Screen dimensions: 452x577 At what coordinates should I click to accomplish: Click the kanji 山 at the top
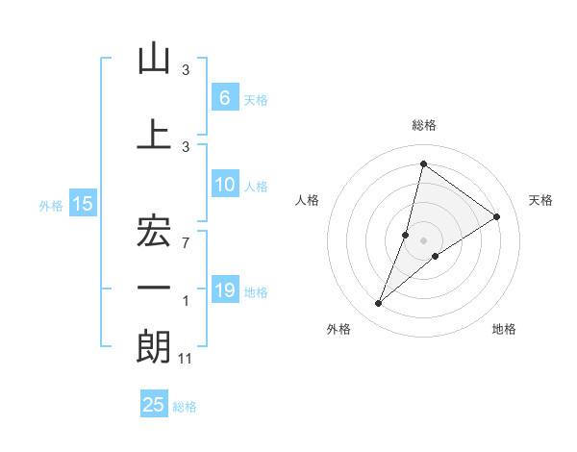[154, 60]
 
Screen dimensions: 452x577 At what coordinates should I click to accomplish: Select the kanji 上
[154, 135]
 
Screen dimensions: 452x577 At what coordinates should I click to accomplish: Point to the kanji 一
[154, 289]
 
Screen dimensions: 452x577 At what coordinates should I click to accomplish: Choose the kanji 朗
[154, 347]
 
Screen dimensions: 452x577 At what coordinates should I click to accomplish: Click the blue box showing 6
[224, 97]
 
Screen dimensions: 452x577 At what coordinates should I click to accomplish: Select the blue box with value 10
[224, 185]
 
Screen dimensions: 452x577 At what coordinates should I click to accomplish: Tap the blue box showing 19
[224, 289]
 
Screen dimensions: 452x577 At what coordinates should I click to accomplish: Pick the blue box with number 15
[82, 203]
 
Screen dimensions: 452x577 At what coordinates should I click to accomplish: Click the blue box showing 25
[154, 405]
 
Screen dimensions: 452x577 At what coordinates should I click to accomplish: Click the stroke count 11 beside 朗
[187, 359]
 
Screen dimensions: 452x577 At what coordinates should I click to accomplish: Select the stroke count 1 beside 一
[186, 301]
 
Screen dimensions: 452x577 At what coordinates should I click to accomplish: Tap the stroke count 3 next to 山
[186, 70]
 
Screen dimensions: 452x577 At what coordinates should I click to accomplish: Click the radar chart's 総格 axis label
[424, 125]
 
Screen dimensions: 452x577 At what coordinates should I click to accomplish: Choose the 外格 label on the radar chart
[339, 329]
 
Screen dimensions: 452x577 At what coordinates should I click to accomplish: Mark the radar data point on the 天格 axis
[497, 216]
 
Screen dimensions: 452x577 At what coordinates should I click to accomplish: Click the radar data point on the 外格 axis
[379, 304]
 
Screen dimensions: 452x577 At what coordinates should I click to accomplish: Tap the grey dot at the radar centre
[424, 240]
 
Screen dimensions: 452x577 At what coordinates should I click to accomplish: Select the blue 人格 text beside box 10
[256, 186]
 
